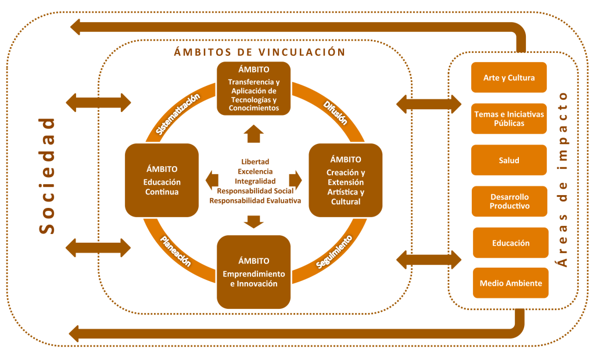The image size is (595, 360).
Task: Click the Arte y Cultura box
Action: pyautogui.click(x=509, y=77)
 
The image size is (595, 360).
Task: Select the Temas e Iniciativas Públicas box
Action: pyautogui.click(x=509, y=118)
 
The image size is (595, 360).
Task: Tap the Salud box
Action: pyautogui.click(x=509, y=160)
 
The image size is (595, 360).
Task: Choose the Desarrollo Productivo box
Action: pyautogui.click(x=509, y=201)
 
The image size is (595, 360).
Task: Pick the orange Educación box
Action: pyautogui.click(x=510, y=243)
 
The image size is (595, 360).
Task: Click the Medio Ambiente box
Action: pyautogui.click(x=511, y=283)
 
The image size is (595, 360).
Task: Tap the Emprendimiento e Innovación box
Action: pyautogui.click(x=253, y=271)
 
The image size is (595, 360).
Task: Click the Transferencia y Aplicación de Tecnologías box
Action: pyautogui.click(x=253, y=88)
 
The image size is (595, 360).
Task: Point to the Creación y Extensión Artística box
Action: pyautogui.click(x=346, y=181)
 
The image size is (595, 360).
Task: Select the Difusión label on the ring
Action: pyautogui.click(x=334, y=112)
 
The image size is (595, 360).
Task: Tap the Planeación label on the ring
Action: pyautogui.click(x=175, y=250)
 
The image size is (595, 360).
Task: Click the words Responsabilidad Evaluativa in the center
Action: pyautogui.click(x=255, y=200)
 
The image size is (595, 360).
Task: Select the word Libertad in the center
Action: pyautogui.click(x=255, y=161)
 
